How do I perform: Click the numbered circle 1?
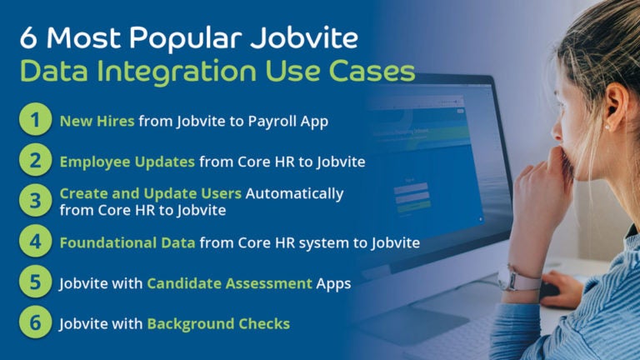(35, 121)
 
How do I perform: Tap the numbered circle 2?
(35, 161)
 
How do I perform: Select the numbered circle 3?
(35, 201)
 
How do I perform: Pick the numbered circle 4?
(35, 242)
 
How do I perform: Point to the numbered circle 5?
(35, 282)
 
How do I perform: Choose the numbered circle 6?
(35, 322)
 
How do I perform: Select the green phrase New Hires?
(97, 122)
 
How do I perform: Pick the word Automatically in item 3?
(294, 193)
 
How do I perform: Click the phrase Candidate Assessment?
(229, 283)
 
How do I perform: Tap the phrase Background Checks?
(218, 323)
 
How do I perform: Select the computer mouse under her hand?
(551, 291)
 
